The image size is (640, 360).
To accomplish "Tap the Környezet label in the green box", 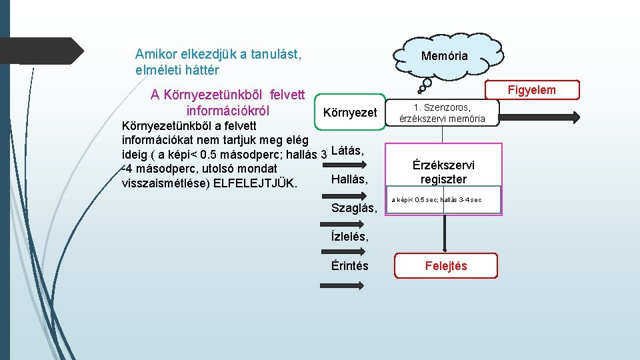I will tap(350, 113).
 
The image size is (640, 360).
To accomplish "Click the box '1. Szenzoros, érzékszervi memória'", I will tap(442, 113).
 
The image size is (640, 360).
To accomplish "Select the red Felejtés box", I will tap(446, 266).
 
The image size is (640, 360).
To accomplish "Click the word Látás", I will tap(347, 151).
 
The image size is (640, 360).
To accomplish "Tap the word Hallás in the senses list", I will tap(349, 179).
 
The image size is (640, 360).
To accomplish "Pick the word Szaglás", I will tap(354, 209).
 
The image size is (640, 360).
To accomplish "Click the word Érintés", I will tap(349, 265).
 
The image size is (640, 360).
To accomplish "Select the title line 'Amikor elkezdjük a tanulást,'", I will tap(218, 54).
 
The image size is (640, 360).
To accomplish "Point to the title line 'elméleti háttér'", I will tap(177, 69).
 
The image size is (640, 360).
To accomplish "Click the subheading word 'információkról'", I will tap(228, 110).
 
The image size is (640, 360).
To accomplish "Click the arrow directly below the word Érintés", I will tap(343, 285).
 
